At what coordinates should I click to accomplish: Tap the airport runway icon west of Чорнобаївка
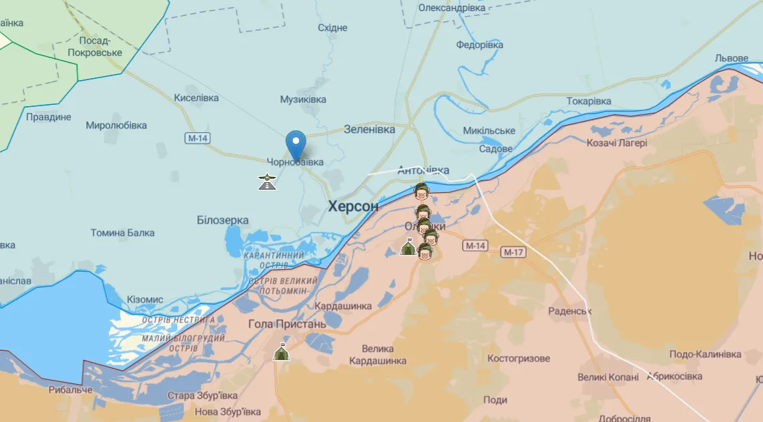[267, 181]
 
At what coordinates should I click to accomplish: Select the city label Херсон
[353, 206]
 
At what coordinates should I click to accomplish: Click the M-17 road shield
[513, 252]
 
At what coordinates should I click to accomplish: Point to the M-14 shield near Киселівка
[198, 138]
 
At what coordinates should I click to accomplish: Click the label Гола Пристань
[287, 324]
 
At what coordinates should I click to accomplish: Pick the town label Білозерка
[223, 220]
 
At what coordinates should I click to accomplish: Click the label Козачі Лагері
[617, 142]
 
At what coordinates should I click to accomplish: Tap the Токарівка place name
[589, 101]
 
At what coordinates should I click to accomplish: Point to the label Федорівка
[479, 45]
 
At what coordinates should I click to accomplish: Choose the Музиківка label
[303, 99]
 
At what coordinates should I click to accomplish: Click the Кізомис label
[144, 299]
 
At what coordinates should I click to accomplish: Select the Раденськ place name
[570, 311]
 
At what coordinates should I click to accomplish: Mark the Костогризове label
[519, 359]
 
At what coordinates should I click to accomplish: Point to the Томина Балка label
[123, 232]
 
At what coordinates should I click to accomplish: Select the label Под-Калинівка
[706, 353]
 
